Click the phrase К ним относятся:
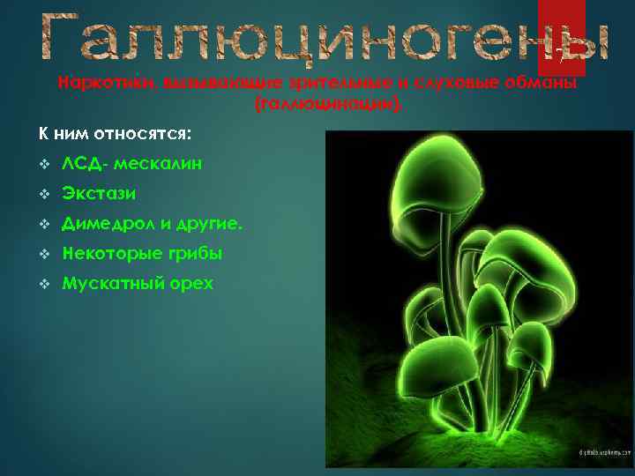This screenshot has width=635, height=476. tap(115, 134)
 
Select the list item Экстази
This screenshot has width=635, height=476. tap(99, 193)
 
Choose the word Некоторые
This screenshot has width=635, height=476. tap(112, 254)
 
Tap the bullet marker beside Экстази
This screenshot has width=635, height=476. tap(43, 193)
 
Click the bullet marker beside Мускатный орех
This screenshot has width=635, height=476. tap(43, 284)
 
